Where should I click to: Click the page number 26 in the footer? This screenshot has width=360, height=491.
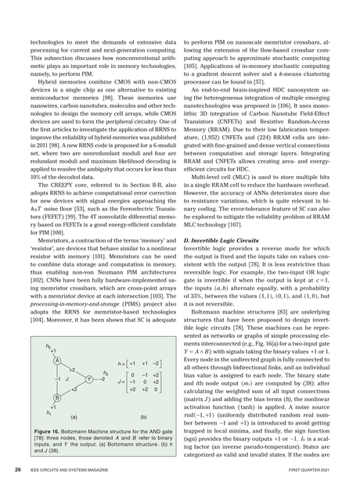coord(16,471)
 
